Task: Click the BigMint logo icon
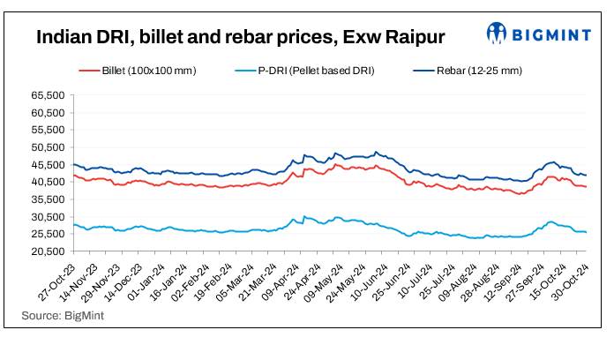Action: tap(498, 34)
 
